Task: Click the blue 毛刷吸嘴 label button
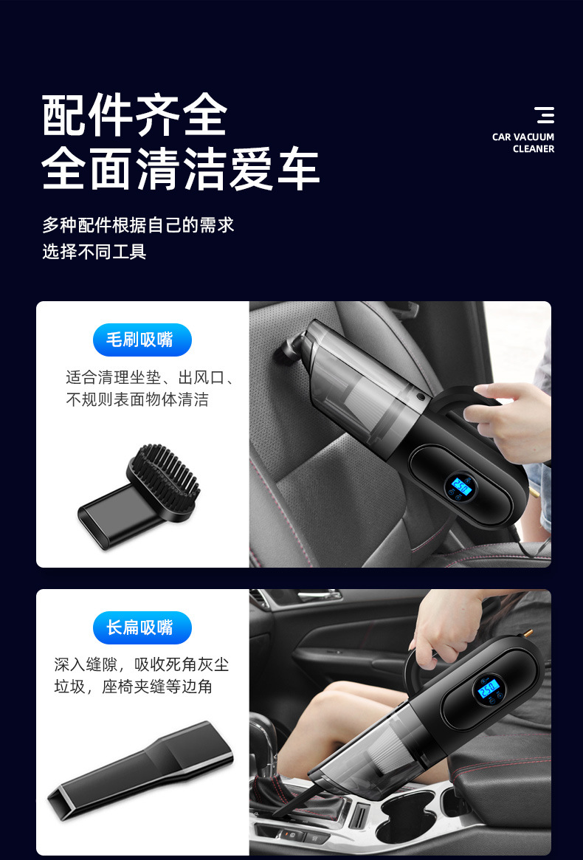(x=142, y=340)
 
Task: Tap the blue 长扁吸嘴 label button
(x=142, y=627)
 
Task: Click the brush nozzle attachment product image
(x=140, y=488)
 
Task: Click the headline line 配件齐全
(x=134, y=116)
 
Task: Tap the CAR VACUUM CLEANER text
(x=523, y=142)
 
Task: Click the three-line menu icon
(x=545, y=115)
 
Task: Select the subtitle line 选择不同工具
(x=94, y=252)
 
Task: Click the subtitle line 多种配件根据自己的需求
(x=138, y=224)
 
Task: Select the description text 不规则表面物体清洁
(x=137, y=400)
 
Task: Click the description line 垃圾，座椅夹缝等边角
(x=134, y=687)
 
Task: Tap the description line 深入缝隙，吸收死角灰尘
(x=142, y=664)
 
